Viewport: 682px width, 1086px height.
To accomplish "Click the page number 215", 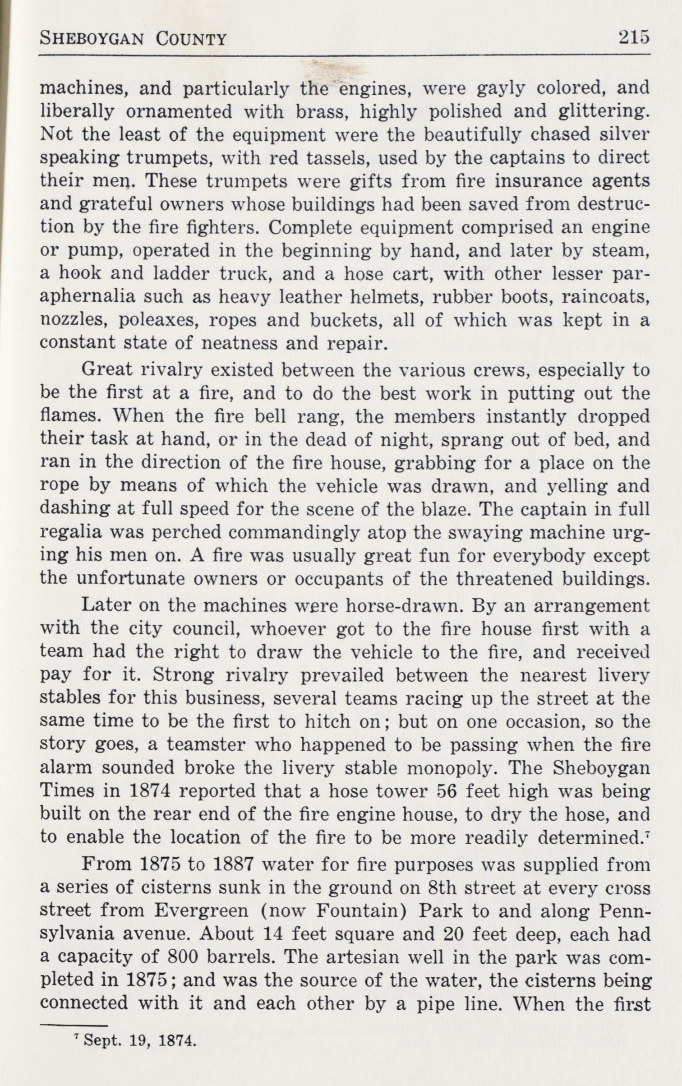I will [634, 37].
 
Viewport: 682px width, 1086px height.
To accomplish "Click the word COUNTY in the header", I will [191, 39].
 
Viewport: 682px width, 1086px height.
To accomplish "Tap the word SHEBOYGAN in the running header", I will [92, 39].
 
